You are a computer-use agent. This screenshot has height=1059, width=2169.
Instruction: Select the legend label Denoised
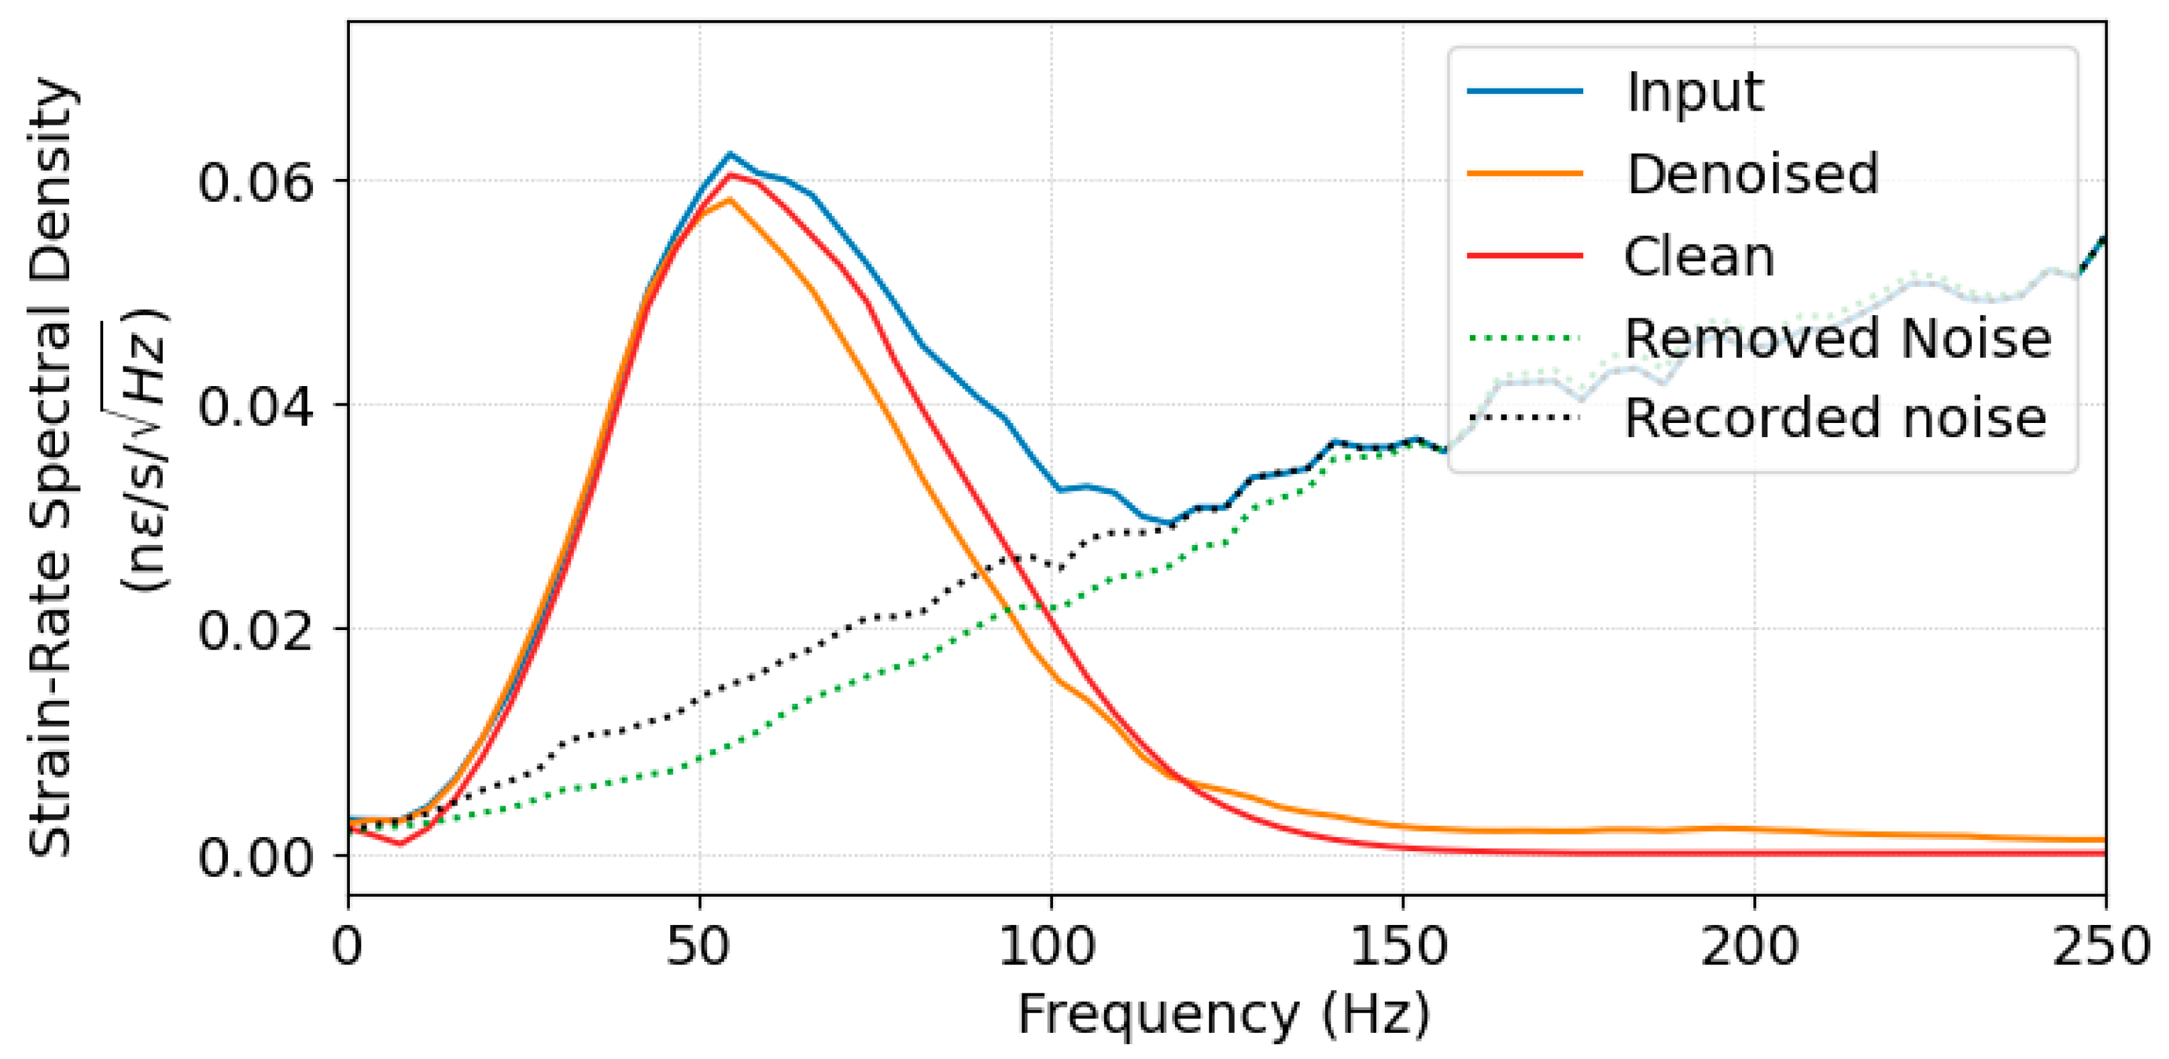(x=1752, y=174)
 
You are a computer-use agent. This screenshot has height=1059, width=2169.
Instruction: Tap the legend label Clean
(x=1698, y=256)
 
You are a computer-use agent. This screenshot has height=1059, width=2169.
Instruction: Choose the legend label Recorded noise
(x=1835, y=418)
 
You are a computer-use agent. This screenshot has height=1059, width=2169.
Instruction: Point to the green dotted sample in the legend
(x=1525, y=338)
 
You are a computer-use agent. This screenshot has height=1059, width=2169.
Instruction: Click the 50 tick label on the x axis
(x=699, y=947)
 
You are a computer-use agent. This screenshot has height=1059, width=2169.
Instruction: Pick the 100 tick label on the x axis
(x=1049, y=947)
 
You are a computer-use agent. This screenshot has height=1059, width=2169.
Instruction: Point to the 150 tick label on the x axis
(x=1400, y=947)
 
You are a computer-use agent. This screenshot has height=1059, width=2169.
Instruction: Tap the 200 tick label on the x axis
(x=1751, y=947)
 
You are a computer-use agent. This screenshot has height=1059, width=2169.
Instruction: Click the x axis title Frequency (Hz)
(x=1225, y=1013)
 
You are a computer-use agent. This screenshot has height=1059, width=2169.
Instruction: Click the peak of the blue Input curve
(x=729, y=154)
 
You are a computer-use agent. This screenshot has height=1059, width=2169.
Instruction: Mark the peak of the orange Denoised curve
(x=729, y=200)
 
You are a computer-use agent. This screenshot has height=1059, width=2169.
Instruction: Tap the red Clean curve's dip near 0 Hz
(x=401, y=843)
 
